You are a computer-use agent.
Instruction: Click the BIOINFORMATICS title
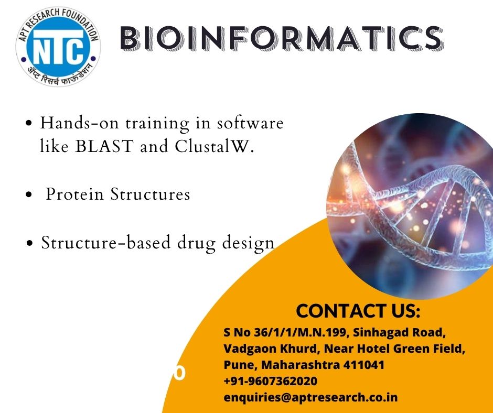pos(282,38)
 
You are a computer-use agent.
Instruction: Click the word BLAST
pos(104,146)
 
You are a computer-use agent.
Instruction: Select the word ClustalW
pos(214,146)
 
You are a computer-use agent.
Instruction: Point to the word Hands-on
pos(80,123)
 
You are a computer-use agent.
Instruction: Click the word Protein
pos(75,194)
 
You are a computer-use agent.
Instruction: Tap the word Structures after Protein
pos(151,194)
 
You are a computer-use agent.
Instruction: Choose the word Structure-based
pos(106,242)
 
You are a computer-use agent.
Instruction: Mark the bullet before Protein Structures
pos(29,194)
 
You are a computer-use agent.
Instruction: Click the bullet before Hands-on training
pos(29,123)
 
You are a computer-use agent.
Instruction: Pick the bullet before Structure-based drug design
pos(30,243)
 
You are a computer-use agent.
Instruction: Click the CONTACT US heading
pos(358,311)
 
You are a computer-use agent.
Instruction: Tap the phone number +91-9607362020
pos(271,381)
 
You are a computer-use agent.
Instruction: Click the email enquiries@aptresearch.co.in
pos(310,398)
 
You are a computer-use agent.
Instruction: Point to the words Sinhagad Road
pos(399,332)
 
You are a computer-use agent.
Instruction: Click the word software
pos(250,123)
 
